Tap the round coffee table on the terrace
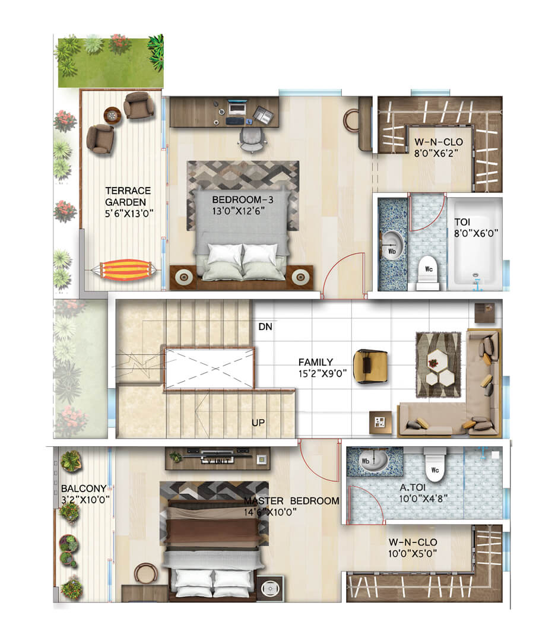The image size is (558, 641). [112, 115]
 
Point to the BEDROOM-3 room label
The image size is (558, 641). [242, 200]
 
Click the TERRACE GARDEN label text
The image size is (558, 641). [128, 196]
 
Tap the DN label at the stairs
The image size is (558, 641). [265, 326]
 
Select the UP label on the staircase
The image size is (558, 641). [258, 423]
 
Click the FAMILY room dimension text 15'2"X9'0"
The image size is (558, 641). [322, 374]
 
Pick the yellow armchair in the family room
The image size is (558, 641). [370, 366]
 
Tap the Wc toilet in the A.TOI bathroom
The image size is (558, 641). [435, 462]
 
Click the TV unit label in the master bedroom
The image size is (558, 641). [217, 461]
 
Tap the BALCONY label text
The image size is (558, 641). [84, 488]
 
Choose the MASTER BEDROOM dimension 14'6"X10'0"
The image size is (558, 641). [270, 512]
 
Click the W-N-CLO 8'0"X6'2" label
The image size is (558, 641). [438, 148]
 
